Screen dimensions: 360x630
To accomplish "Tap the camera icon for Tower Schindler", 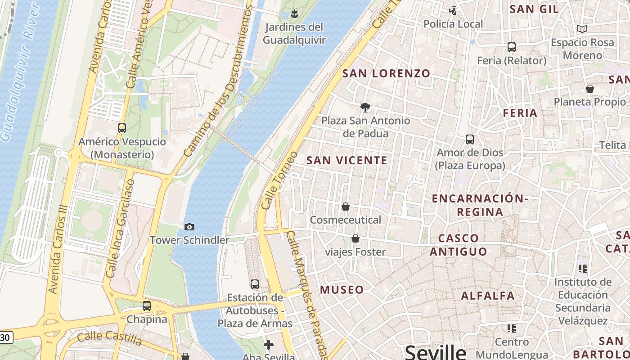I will [x=189, y=227].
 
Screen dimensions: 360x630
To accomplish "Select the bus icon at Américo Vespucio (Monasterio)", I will [x=122, y=128].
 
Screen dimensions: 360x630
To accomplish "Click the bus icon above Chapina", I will [x=147, y=306].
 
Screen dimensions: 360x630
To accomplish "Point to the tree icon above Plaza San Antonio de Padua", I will [x=365, y=107].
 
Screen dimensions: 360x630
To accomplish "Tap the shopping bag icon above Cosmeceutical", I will [x=346, y=207].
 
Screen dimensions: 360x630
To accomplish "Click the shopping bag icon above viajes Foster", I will [x=355, y=238].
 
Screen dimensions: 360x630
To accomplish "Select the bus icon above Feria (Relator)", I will [x=511, y=47].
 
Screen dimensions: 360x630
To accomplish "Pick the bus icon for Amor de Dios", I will [x=470, y=139].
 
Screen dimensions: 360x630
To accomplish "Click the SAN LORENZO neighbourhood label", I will [x=387, y=73].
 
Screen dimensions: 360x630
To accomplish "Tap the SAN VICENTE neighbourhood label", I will [x=347, y=160].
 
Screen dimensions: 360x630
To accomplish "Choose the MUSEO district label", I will [x=342, y=290].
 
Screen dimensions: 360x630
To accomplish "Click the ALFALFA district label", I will [x=488, y=296].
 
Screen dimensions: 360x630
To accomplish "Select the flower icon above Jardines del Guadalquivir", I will [x=294, y=14].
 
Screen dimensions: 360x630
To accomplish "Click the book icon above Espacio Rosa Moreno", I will [x=582, y=29].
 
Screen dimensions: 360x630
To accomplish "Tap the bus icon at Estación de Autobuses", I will [x=255, y=284].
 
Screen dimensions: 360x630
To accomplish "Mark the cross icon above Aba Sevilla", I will [x=269, y=345].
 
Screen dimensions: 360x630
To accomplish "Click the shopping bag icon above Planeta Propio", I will [x=589, y=89].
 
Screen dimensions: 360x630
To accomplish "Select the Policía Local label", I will [x=453, y=24].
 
